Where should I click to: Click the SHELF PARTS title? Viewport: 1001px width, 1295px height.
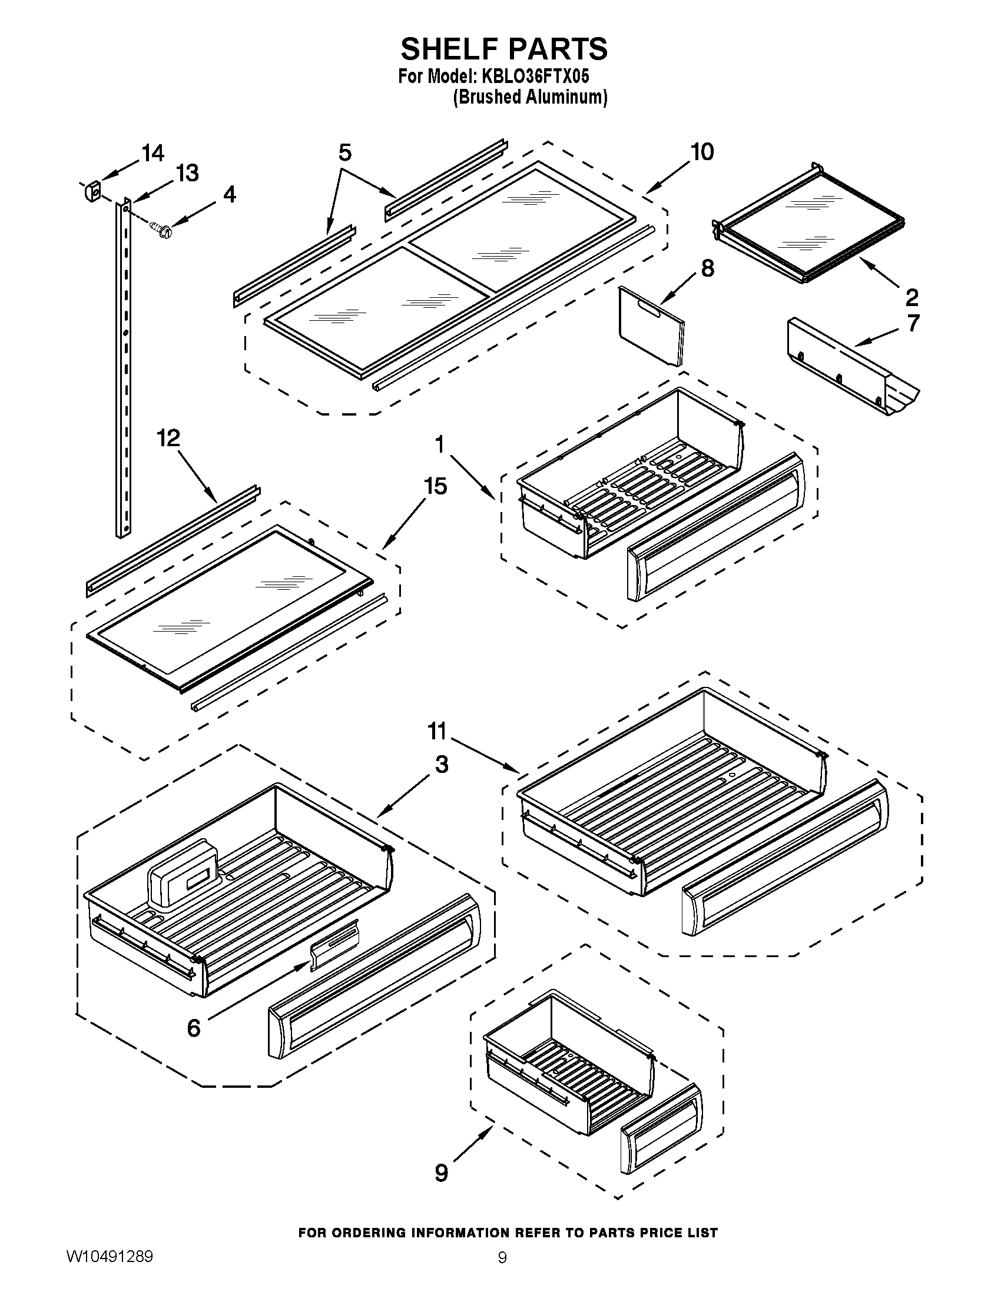point(504,49)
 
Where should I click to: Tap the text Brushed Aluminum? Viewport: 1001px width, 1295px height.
point(529,97)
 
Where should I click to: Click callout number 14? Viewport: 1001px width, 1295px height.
point(153,154)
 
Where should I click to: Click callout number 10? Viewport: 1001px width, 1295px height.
point(702,152)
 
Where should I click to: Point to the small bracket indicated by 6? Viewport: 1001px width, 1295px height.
point(334,944)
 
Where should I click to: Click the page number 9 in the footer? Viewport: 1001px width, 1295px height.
point(502,1273)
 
